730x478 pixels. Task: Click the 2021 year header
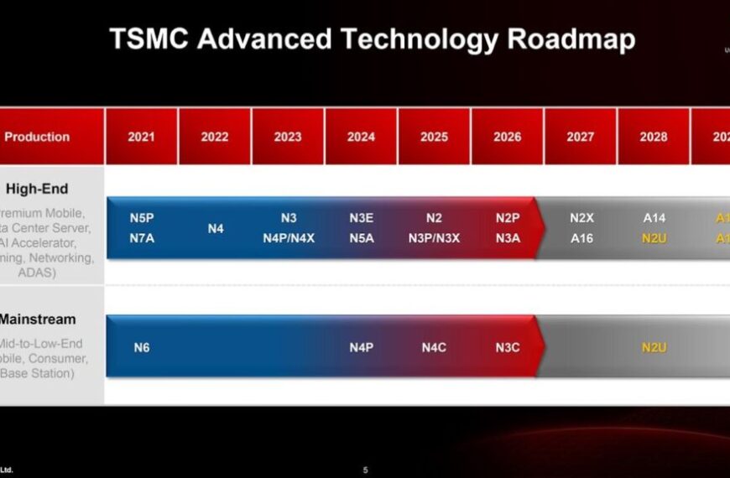141,137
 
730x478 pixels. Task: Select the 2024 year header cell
361,137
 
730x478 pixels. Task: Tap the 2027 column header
580,137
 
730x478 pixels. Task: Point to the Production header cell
37,137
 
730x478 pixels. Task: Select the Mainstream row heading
38,320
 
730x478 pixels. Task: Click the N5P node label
142,218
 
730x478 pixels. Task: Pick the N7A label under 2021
142,237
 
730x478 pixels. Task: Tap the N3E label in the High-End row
362,218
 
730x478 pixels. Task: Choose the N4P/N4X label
288,237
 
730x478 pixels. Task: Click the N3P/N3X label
434,237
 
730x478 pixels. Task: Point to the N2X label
581,218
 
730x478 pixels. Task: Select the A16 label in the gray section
581,237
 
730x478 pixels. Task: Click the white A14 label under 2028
654,218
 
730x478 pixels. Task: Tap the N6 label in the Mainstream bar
142,347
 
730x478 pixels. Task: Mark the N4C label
434,347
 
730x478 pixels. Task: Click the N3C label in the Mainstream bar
508,347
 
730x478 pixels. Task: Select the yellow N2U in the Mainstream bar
654,347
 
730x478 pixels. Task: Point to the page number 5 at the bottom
365,470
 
